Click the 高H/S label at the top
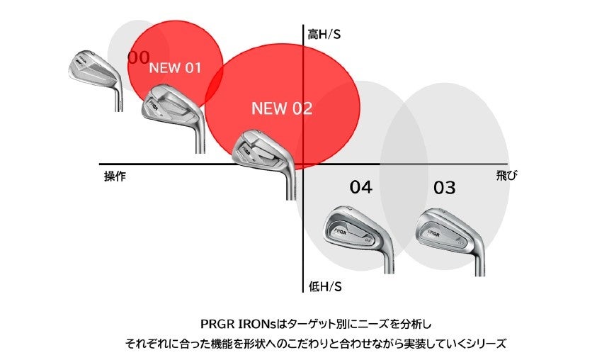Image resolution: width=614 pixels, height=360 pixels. [x=324, y=33]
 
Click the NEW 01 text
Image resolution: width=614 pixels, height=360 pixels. [x=175, y=69]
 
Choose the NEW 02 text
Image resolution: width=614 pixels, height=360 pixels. [x=281, y=109]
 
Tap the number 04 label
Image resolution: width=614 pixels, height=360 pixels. [x=360, y=187]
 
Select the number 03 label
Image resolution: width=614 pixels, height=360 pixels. [x=444, y=188]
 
